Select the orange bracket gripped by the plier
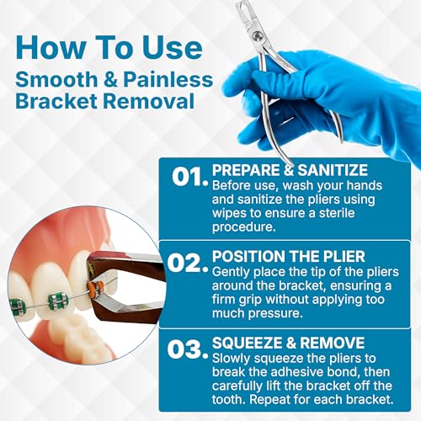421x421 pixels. (99, 287)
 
